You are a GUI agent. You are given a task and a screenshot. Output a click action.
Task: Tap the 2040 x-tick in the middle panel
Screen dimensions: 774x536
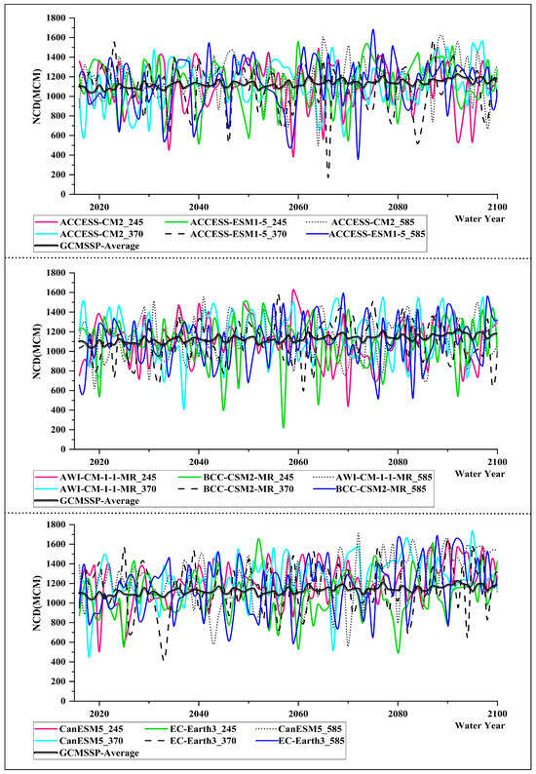coord(198,461)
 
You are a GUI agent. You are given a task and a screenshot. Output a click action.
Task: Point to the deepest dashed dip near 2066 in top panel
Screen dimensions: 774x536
coord(327,177)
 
